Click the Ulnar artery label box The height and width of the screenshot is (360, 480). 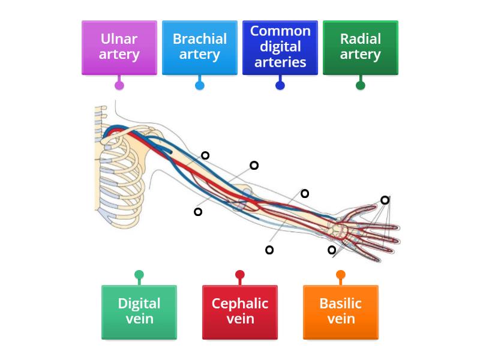[x=119, y=47]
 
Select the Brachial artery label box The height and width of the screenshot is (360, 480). [x=199, y=47]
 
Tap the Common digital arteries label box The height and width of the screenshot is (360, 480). [x=280, y=47]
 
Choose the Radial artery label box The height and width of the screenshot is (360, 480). [x=360, y=47]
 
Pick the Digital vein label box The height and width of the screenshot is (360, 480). [x=139, y=311]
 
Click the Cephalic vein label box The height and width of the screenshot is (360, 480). [x=239, y=311]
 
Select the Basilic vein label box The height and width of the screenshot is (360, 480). [x=340, y=311]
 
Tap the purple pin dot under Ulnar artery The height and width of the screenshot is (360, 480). [x=119, y=85]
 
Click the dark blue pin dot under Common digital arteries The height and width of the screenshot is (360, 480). [x=280, y=85]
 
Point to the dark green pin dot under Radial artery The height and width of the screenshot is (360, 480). [x=360, y=85]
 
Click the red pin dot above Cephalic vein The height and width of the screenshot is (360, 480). [x=239, y=275]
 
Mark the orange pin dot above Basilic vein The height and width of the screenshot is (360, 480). [x=340, y=275]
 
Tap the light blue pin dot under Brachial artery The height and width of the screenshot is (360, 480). [x=199, y=85]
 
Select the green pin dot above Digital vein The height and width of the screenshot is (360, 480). [x=139, y=275]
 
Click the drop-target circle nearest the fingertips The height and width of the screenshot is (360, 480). [x=385, y=200]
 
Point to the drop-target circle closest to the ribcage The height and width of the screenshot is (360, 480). [x=198, y=211]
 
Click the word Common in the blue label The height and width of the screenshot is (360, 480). [x=280, y=31]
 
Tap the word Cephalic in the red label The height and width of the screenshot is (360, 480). [x=239, y=304]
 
